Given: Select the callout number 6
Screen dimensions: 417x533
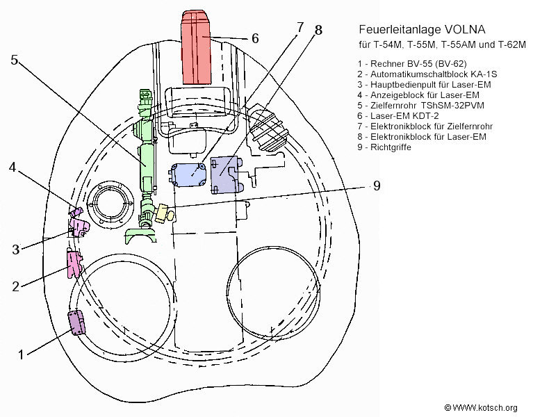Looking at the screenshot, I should pos(254,38).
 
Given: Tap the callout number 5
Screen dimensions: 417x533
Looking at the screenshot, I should pos(15,60).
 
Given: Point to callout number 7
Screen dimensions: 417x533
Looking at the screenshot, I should pos(300,28).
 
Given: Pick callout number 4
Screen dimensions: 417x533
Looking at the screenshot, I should pos(14,167).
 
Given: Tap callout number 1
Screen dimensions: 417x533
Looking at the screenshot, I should pos(21,354).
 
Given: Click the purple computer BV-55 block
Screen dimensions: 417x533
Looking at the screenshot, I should pos(76,322).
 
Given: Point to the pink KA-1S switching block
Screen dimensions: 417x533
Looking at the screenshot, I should pos(74,262).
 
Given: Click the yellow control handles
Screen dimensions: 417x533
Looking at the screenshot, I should pos(164,211).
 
